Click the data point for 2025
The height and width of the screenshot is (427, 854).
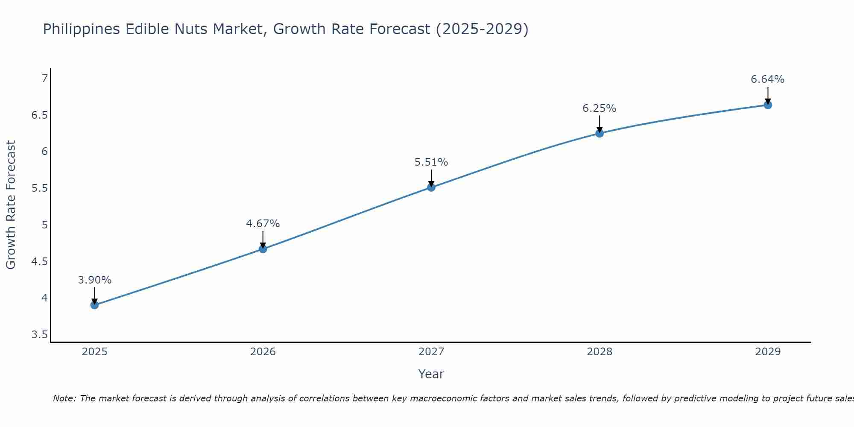tap(94, 305)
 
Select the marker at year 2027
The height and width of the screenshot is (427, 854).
tap(431, 187)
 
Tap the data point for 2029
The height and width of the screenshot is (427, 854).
tap(768, 105)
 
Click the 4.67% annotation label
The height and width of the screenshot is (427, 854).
tap(263, 223)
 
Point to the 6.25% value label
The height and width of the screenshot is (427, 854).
tap(599, 108)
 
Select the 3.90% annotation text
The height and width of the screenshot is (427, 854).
tap(94, 280)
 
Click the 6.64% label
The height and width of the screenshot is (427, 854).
tap(767, 79)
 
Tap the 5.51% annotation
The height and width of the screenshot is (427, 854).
tap(431, 162)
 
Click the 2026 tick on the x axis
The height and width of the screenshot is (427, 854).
tap(263, 352)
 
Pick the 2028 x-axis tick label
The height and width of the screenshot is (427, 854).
tap(599, 352)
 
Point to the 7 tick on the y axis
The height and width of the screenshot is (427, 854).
tap(44, 79)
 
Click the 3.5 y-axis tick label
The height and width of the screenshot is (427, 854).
tap(39, 334)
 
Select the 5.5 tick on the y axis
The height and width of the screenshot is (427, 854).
tap(39, 188)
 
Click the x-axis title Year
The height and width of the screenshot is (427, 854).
tap(431, 374)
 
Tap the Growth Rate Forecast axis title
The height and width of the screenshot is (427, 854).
tap(11, 205)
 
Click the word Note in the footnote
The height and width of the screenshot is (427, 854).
tap(64, 398)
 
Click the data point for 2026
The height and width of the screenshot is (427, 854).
tap(263, 249)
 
